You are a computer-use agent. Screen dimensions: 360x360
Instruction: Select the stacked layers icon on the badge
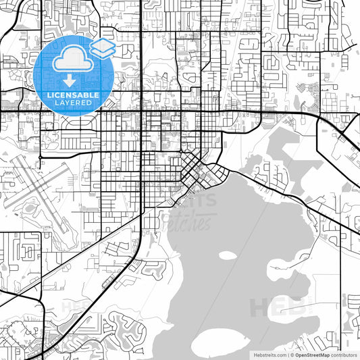pos(103,48)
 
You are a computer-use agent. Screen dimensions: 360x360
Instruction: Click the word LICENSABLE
pos(70,95)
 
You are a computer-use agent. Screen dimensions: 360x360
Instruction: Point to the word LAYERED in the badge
pos(70,103)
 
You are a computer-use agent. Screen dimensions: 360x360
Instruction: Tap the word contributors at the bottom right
pos(344,354)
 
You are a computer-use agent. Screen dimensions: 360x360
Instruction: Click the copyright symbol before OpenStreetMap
pos(292,354)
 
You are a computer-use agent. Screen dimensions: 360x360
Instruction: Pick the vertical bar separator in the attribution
pos(286,354)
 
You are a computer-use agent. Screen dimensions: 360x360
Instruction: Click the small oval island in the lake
pos(228,256)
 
